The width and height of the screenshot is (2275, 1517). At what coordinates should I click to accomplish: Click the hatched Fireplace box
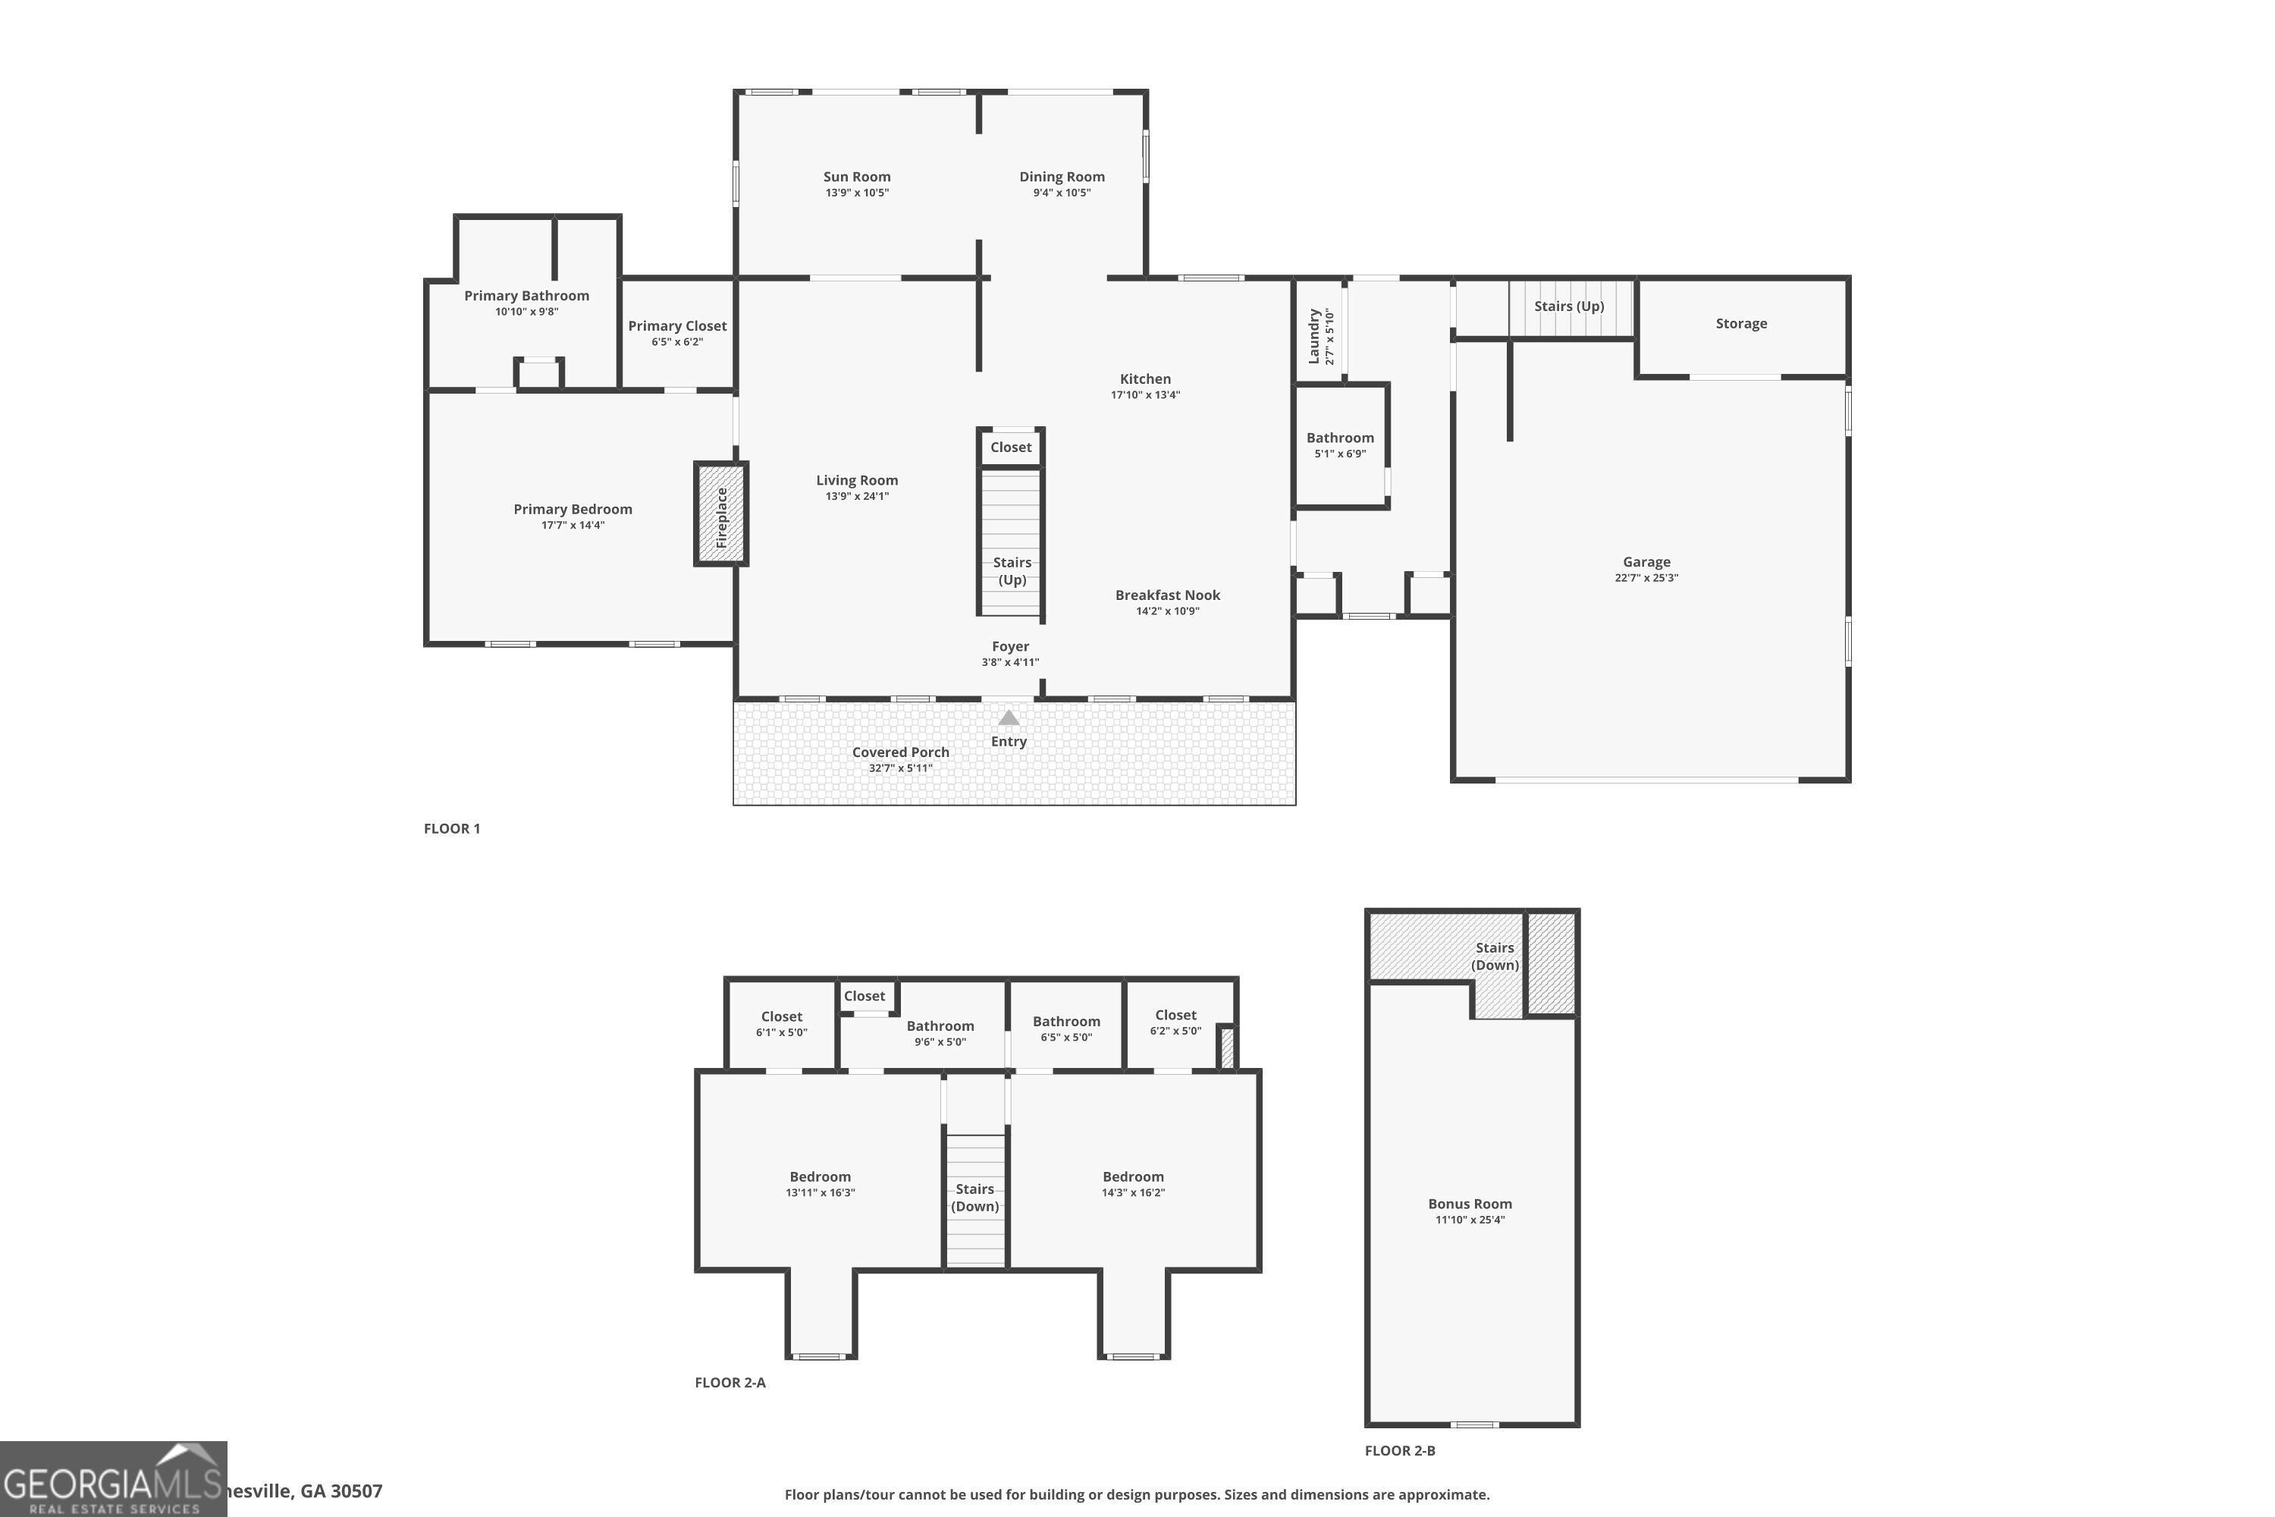click(720, 514)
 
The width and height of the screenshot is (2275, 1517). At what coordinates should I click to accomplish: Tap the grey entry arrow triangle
click(1008, 718)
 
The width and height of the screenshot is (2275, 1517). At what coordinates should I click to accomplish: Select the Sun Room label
click(857, 177)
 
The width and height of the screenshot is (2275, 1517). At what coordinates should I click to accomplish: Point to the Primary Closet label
click(677, 326)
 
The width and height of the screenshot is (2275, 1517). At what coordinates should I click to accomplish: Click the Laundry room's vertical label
click(1314, 336)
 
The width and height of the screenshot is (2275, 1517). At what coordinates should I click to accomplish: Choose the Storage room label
click(1740, 323)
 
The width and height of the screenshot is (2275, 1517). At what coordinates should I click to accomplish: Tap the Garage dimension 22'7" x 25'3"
click(1646, 577)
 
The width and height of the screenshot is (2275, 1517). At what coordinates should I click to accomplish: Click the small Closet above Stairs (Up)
click(1011, 447)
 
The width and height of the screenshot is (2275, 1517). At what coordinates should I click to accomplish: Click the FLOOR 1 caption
click(452, 828)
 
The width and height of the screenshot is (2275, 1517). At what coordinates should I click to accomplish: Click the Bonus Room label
click(1470, 1204)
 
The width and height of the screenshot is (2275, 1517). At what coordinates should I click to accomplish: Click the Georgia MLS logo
click(113, 1478)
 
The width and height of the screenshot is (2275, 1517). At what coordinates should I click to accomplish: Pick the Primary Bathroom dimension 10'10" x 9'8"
click(526, 312)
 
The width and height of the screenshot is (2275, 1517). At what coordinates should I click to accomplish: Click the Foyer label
click(1010, 646)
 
